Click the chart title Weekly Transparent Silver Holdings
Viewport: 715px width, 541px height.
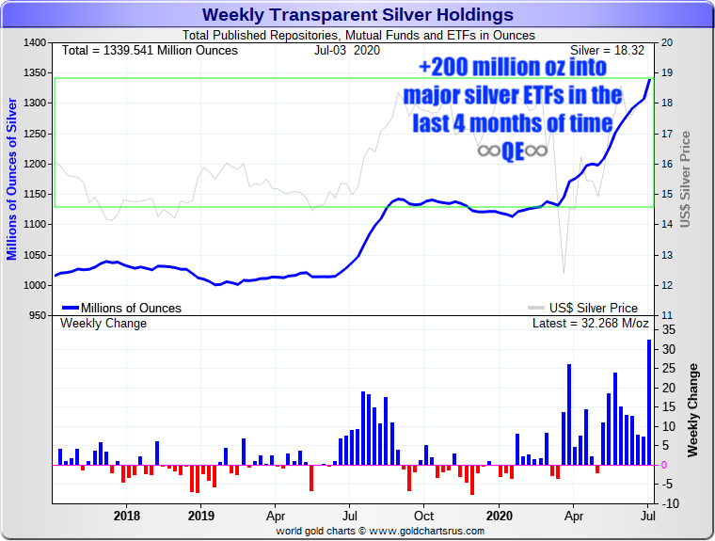(357, 15)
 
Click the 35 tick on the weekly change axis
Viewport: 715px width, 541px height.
(668, 330)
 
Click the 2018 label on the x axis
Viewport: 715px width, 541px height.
(127, 516)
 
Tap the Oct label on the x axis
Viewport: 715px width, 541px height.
(424, 516)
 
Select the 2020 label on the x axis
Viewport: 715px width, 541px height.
(499, 516)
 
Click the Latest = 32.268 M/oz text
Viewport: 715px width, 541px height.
(590, 324)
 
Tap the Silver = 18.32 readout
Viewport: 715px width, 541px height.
(610, 49)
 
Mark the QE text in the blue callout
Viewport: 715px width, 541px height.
(513, 151)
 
